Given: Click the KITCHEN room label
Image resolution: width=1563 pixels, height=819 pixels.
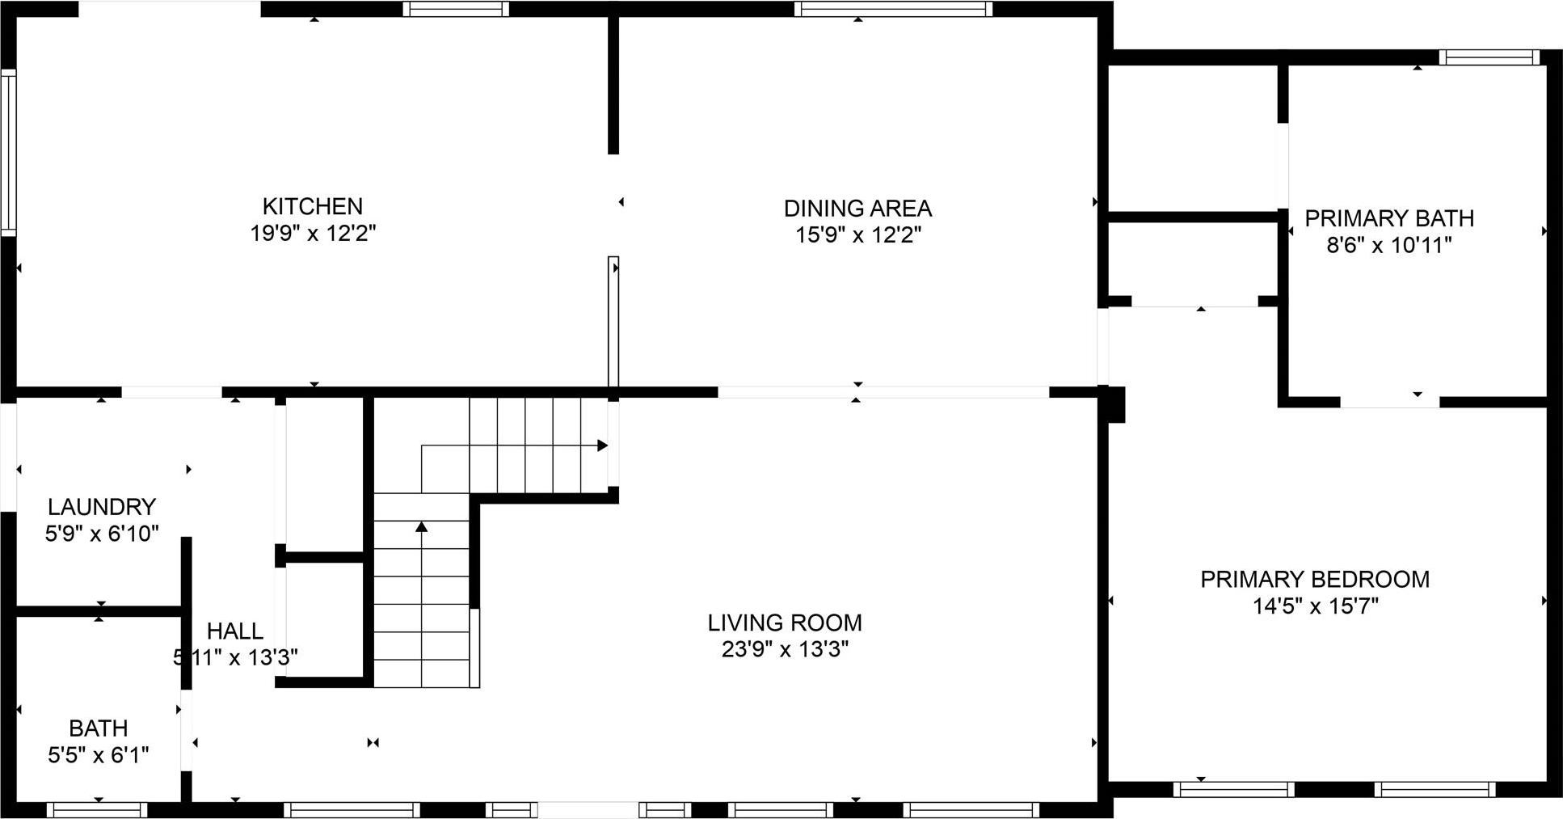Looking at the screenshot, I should click(312, 206).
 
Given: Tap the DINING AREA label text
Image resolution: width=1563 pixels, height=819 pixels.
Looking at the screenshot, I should click(857, 209).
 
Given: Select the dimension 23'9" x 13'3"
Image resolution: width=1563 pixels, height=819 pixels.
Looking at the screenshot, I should click(785, 649).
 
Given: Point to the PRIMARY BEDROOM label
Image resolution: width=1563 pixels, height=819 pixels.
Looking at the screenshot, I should click(1315, 579).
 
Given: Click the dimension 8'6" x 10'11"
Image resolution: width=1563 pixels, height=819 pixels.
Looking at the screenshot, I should click(1389, 245).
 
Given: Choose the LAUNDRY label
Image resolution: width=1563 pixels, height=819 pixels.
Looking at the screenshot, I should click(101, 507).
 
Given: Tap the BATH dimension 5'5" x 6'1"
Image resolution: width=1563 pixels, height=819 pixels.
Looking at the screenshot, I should click(99, 755).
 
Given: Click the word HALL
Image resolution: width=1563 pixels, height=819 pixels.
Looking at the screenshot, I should click(234, 631).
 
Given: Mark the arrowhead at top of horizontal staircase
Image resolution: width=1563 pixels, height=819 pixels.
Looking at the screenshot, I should click(602, 445).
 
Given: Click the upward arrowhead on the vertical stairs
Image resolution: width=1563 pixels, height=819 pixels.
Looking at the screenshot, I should click(421, 527).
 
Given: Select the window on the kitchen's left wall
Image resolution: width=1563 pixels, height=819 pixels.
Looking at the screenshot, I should click(8, 153).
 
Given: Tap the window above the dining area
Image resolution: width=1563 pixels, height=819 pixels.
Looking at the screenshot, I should click(892, 9).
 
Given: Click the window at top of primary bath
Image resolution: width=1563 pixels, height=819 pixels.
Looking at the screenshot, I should click(1489, 57).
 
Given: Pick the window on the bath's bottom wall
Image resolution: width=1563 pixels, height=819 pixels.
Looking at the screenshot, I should click(97, 809).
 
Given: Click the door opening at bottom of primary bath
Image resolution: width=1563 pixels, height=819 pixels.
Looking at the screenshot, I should click(1390, 402).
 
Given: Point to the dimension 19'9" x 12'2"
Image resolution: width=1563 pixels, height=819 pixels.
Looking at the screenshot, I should click(312, 234).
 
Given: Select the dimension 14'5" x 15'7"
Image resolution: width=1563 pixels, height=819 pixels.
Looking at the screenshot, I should click(1315, 606).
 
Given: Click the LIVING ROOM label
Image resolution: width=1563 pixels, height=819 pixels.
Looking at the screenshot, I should click(785, 623).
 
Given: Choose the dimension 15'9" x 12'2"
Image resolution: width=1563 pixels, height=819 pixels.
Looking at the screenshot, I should click(857, 235).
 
